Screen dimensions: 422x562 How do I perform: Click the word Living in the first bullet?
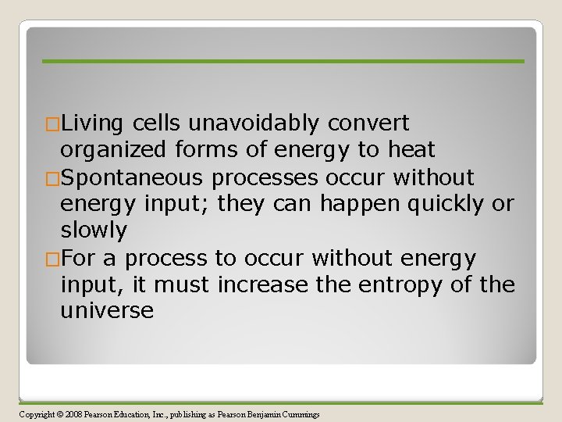(93, 123)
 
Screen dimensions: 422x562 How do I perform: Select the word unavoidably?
(254, 123)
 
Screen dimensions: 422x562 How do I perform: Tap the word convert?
(368, 123)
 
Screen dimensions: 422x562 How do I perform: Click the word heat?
(410, 150)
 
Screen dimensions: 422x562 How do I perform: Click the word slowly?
(93, 231)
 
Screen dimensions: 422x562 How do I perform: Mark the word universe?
(107, 311)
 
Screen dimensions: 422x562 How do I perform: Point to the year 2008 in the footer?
(74, 413)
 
